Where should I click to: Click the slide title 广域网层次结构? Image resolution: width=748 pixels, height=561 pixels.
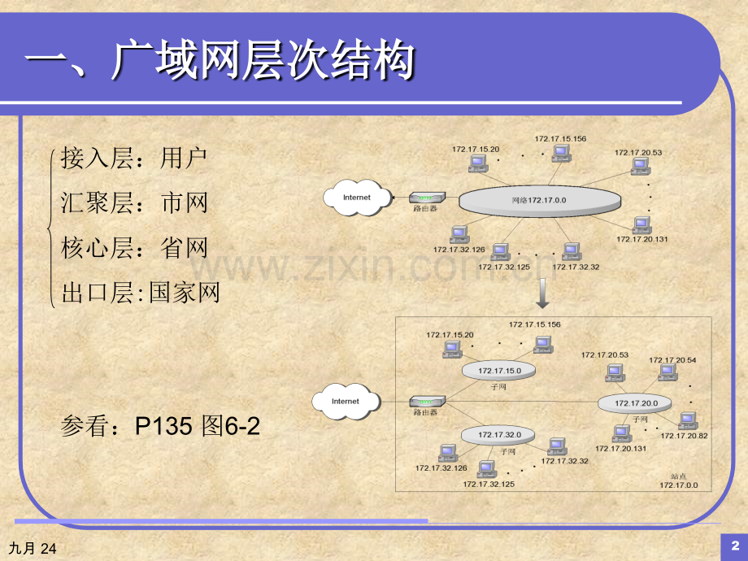coord(220,62)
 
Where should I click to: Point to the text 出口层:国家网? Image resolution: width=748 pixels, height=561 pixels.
coord(141,292)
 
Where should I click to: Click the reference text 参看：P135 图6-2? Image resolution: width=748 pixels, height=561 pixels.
coord(160,425)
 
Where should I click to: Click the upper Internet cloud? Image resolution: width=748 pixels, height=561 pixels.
coord(356,198)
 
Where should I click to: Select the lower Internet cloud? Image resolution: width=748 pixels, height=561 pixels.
coord(345,401)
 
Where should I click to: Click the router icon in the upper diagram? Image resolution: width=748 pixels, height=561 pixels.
coord(426,198)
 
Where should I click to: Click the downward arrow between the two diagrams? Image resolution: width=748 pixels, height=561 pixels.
coord(541,292)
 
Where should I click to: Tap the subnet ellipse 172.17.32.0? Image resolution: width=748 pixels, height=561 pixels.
coord(498,434)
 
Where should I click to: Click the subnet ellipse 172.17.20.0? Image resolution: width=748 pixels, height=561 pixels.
coord(635,402)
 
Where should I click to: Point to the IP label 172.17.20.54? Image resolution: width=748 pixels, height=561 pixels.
coord(672,359)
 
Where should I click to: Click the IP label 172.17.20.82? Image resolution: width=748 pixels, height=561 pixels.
coord(685,436)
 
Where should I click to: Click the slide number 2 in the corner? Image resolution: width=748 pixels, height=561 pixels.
coord(734,544)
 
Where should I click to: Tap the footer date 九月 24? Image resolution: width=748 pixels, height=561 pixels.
coord(35,550)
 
